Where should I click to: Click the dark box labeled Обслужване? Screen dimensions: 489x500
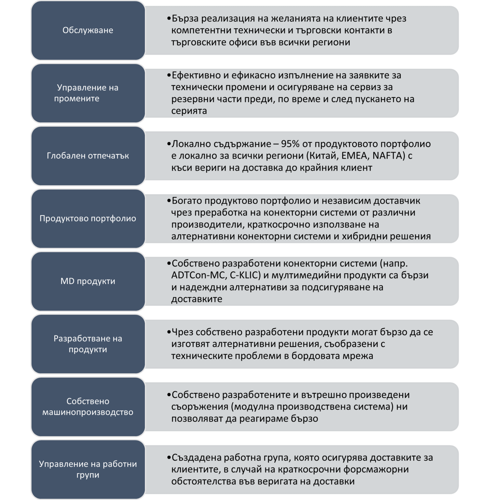88,30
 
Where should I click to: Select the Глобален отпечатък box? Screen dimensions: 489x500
88,156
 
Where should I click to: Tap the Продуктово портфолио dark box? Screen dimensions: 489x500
88,218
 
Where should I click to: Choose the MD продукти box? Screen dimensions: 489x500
88,281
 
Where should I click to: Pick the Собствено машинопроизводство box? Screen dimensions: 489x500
88,407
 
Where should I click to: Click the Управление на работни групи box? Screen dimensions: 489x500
88,470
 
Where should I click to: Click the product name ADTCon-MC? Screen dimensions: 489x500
198,275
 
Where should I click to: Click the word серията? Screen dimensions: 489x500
189,111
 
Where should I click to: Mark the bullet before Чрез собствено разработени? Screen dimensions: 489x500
169,332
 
